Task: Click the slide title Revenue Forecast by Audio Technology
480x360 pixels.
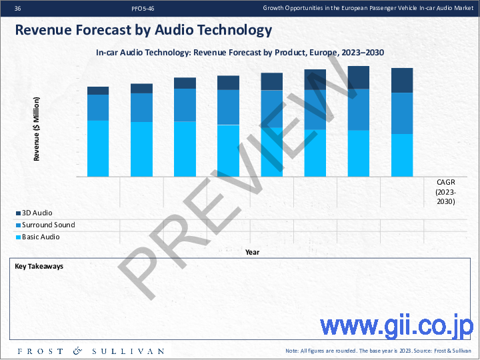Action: click(x=143, y=30)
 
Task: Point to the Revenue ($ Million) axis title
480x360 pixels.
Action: click(x=37, y=129)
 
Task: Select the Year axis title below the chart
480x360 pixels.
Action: click(x=252, y=252)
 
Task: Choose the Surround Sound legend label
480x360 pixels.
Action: click(x=48, y=225)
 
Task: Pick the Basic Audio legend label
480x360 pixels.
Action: click(x=41, y=237)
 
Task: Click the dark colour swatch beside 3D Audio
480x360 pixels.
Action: click(x=18, y=214)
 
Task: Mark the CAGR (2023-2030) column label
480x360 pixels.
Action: click(x=445, y=191)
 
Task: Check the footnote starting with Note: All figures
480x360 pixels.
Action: click(x=378, y=351)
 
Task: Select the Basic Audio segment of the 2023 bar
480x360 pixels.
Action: click(x=98, y=148)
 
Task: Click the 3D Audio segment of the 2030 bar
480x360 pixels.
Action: click(x=402, y=80)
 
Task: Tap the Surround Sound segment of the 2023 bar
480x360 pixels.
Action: click(x=98, y=107)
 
